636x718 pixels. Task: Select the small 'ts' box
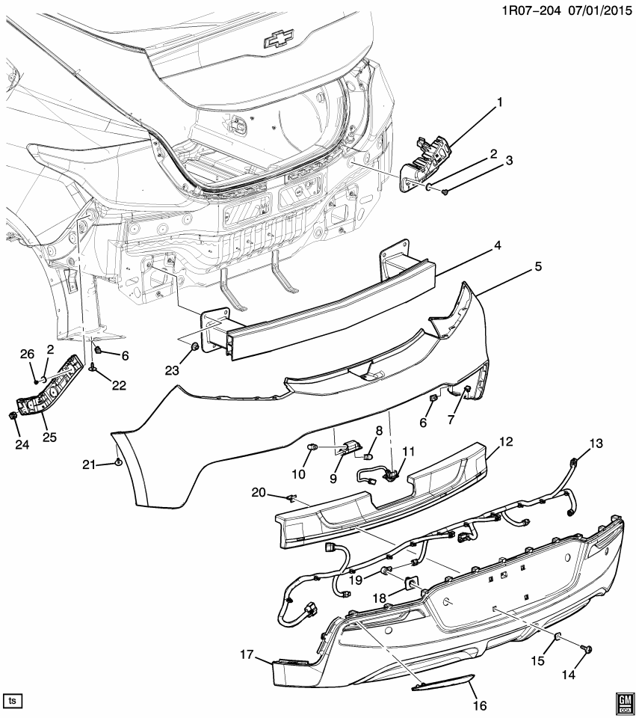pyautogui.click(x=13, y=701)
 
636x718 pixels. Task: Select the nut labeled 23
pyautogui.click(x=194, y=346)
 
